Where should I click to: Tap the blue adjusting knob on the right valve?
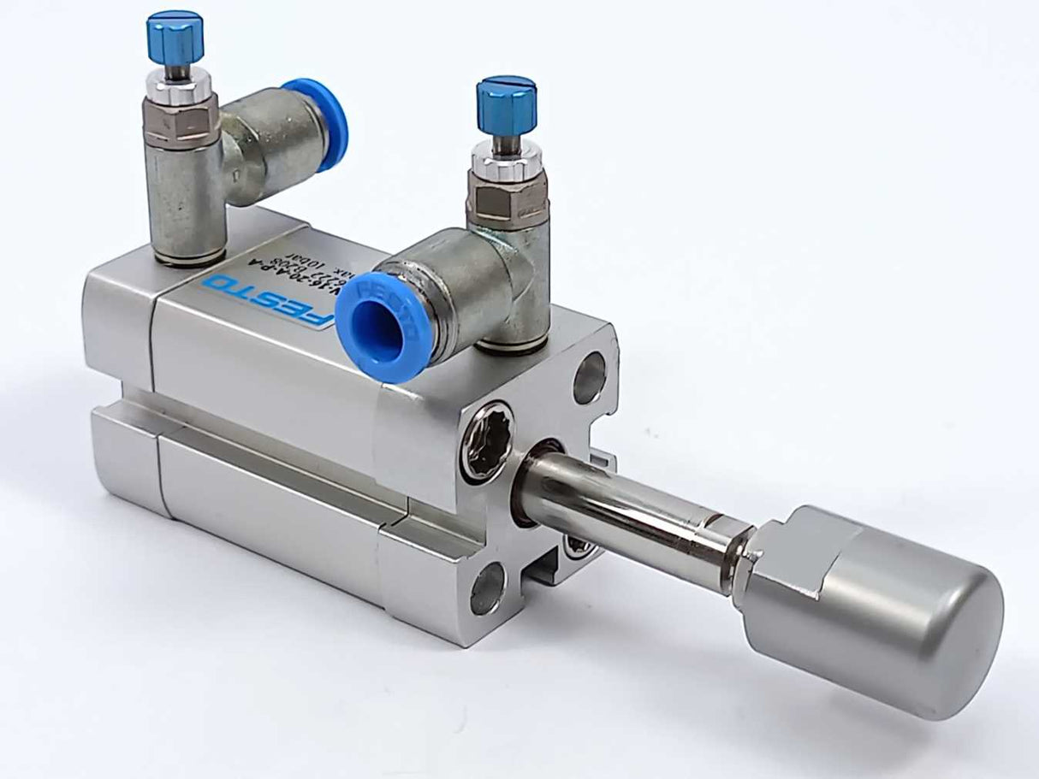pos(506,103)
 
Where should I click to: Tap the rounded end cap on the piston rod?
pos(890,611)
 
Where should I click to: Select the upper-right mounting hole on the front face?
pos(589,376)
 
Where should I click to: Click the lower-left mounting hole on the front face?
pos(488,587)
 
